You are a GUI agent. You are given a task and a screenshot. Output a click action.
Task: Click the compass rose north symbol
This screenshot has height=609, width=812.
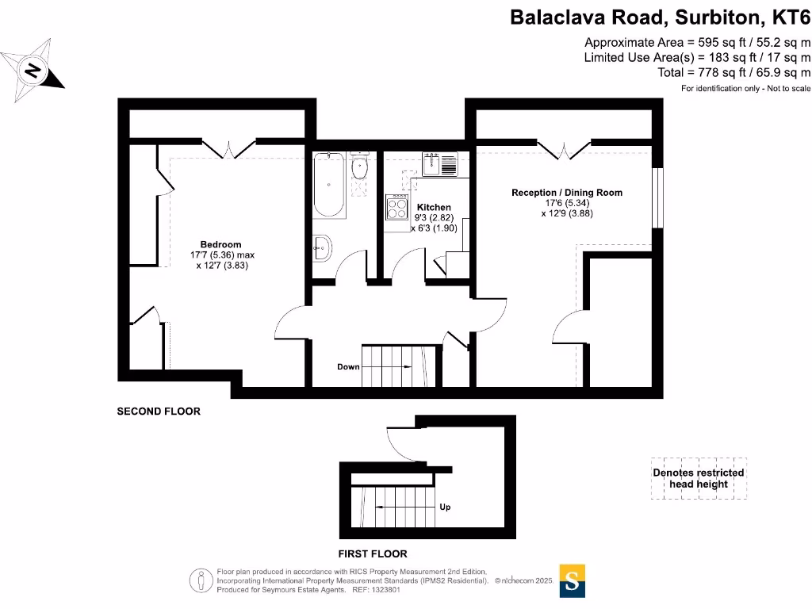coord(32,71)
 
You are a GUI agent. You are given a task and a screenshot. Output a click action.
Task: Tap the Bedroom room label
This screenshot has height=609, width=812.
coord(220,244)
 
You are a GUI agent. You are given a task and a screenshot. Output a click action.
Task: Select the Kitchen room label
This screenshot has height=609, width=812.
coord(434,207)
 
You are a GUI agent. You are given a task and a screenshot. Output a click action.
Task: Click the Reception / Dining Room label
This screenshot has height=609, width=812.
coord(567,193)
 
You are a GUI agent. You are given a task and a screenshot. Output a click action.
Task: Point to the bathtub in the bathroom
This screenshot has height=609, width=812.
coord(329,186)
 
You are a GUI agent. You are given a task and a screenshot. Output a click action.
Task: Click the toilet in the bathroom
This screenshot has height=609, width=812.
coord(359,169)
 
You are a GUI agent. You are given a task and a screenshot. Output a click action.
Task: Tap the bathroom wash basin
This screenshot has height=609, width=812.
coord(323,248)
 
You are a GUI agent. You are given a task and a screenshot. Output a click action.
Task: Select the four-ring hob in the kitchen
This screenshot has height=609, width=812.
coord(396,208)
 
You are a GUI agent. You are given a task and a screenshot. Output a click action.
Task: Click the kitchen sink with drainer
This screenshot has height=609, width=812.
coord(440,164)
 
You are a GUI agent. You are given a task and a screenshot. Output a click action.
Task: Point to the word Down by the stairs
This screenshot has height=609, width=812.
coord(348,367)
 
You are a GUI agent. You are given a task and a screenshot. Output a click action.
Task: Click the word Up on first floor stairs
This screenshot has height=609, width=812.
coord(445,507)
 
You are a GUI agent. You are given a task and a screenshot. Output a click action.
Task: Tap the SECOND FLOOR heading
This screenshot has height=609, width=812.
coord(159,412)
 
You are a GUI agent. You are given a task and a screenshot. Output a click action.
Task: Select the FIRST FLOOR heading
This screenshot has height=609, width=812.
coord(372,553)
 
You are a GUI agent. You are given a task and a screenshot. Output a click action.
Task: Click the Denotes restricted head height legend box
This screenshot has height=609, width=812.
coord(698,478)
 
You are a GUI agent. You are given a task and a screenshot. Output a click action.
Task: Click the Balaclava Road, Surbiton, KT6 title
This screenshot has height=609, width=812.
coord(660,17)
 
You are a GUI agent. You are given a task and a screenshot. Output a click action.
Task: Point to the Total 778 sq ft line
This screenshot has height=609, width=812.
coord(734,72)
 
